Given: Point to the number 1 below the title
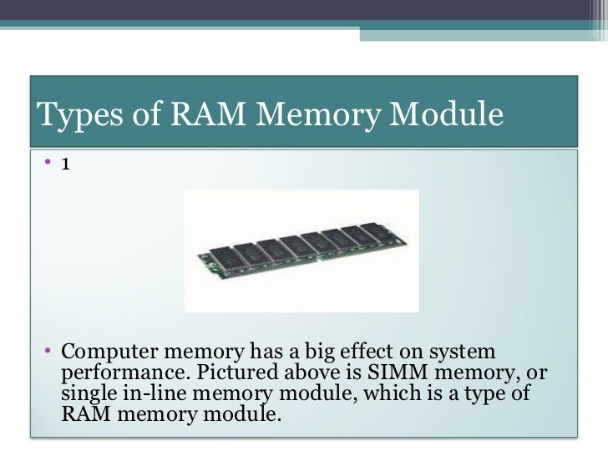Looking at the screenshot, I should coord(64,164).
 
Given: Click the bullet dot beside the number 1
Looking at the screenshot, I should coord(49,164).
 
